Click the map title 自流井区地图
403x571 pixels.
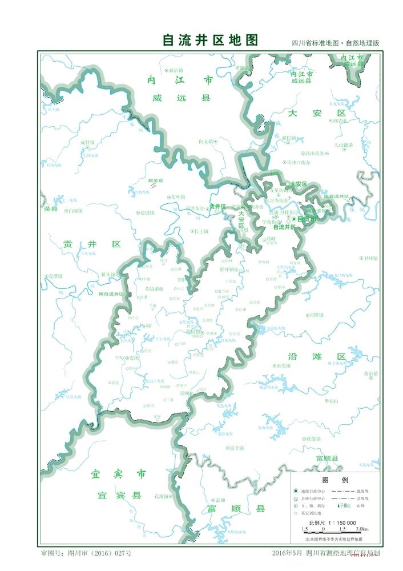pyautogui.click(x=210, y=40)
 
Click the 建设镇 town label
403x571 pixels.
pyautogui.click(x=147, y=213)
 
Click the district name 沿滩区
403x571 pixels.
pyautogui.click(x=325, y=356)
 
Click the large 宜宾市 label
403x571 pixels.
pyautogui.click(x=118, y=474)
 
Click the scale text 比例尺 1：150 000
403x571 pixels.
pyautogui.click(x=333, y=522)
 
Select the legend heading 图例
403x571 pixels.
pyautogui.click(x=332, y=480)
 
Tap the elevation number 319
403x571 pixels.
pyautogui.click(x=181, y=279)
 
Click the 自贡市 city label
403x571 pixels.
pyautogui.click(x=306, y=219)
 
